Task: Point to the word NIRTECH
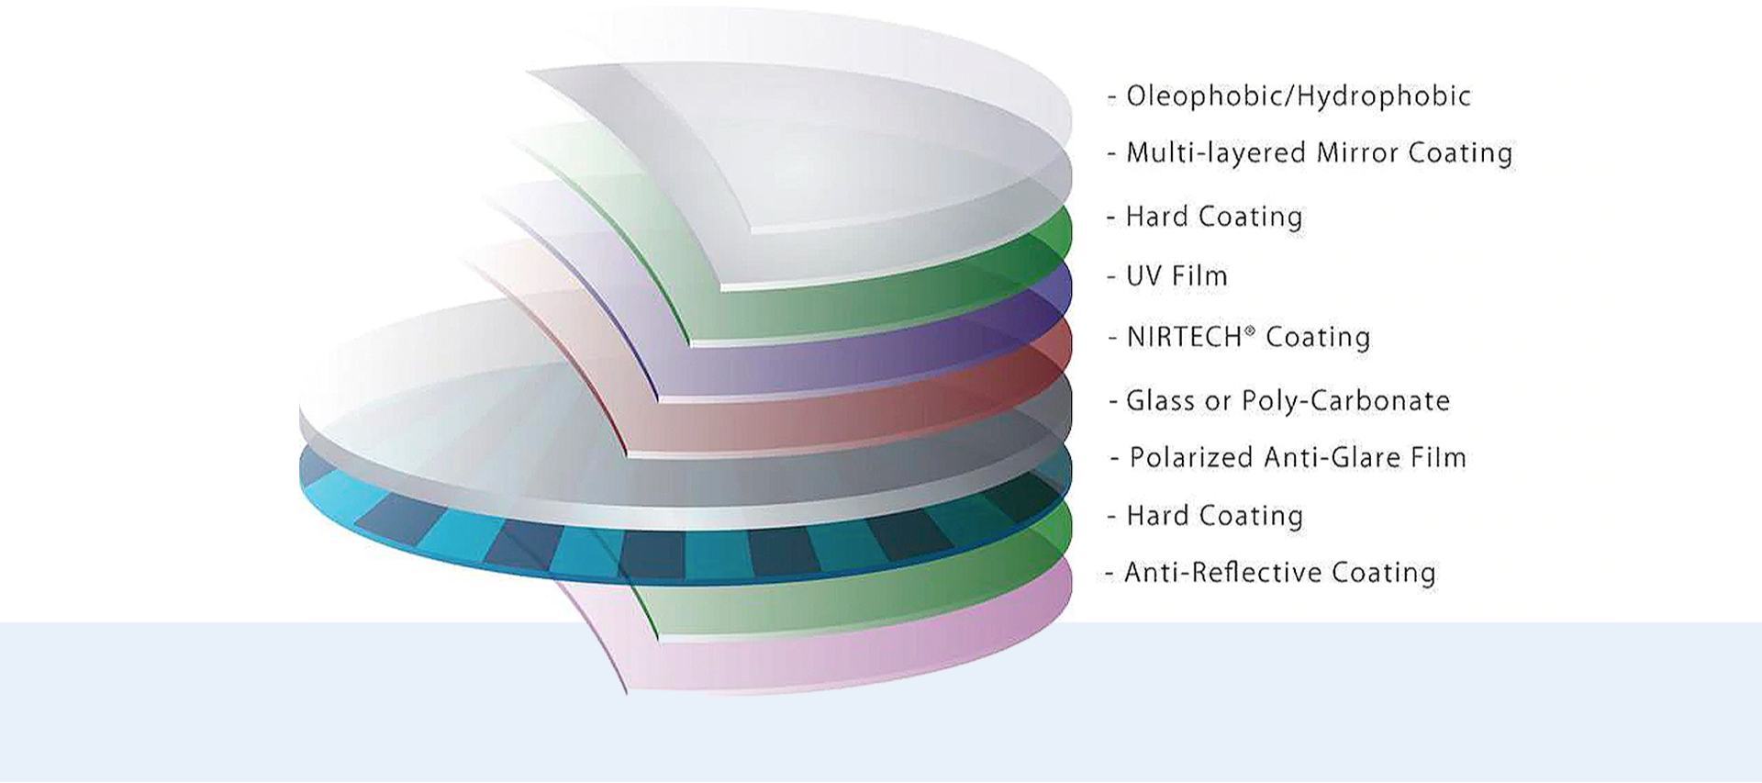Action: click(x=1184, y=338)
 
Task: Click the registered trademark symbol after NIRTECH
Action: click(x=1249, y=330)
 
